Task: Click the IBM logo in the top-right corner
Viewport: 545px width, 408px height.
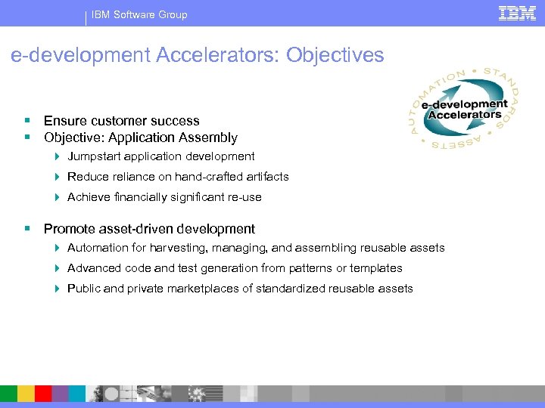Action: [x=517, y=13]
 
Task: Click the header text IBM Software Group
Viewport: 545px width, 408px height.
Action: [x=139, y=14]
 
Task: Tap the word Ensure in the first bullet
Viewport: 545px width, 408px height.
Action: [x=64, y=121]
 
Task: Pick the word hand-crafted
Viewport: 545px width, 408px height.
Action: [x=209, y=177]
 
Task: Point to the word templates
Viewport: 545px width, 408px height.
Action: [x=378, y=268]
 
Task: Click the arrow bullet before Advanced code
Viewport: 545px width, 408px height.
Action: [x=57, y=268]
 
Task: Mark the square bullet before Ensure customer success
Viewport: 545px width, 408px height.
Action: [x=27, y=121]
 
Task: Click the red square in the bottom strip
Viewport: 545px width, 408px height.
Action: [x=42, y=394]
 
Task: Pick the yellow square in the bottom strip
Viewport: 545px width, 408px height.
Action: [x=26, y=394]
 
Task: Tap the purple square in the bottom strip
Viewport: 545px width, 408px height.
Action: [x=60, y=394]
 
